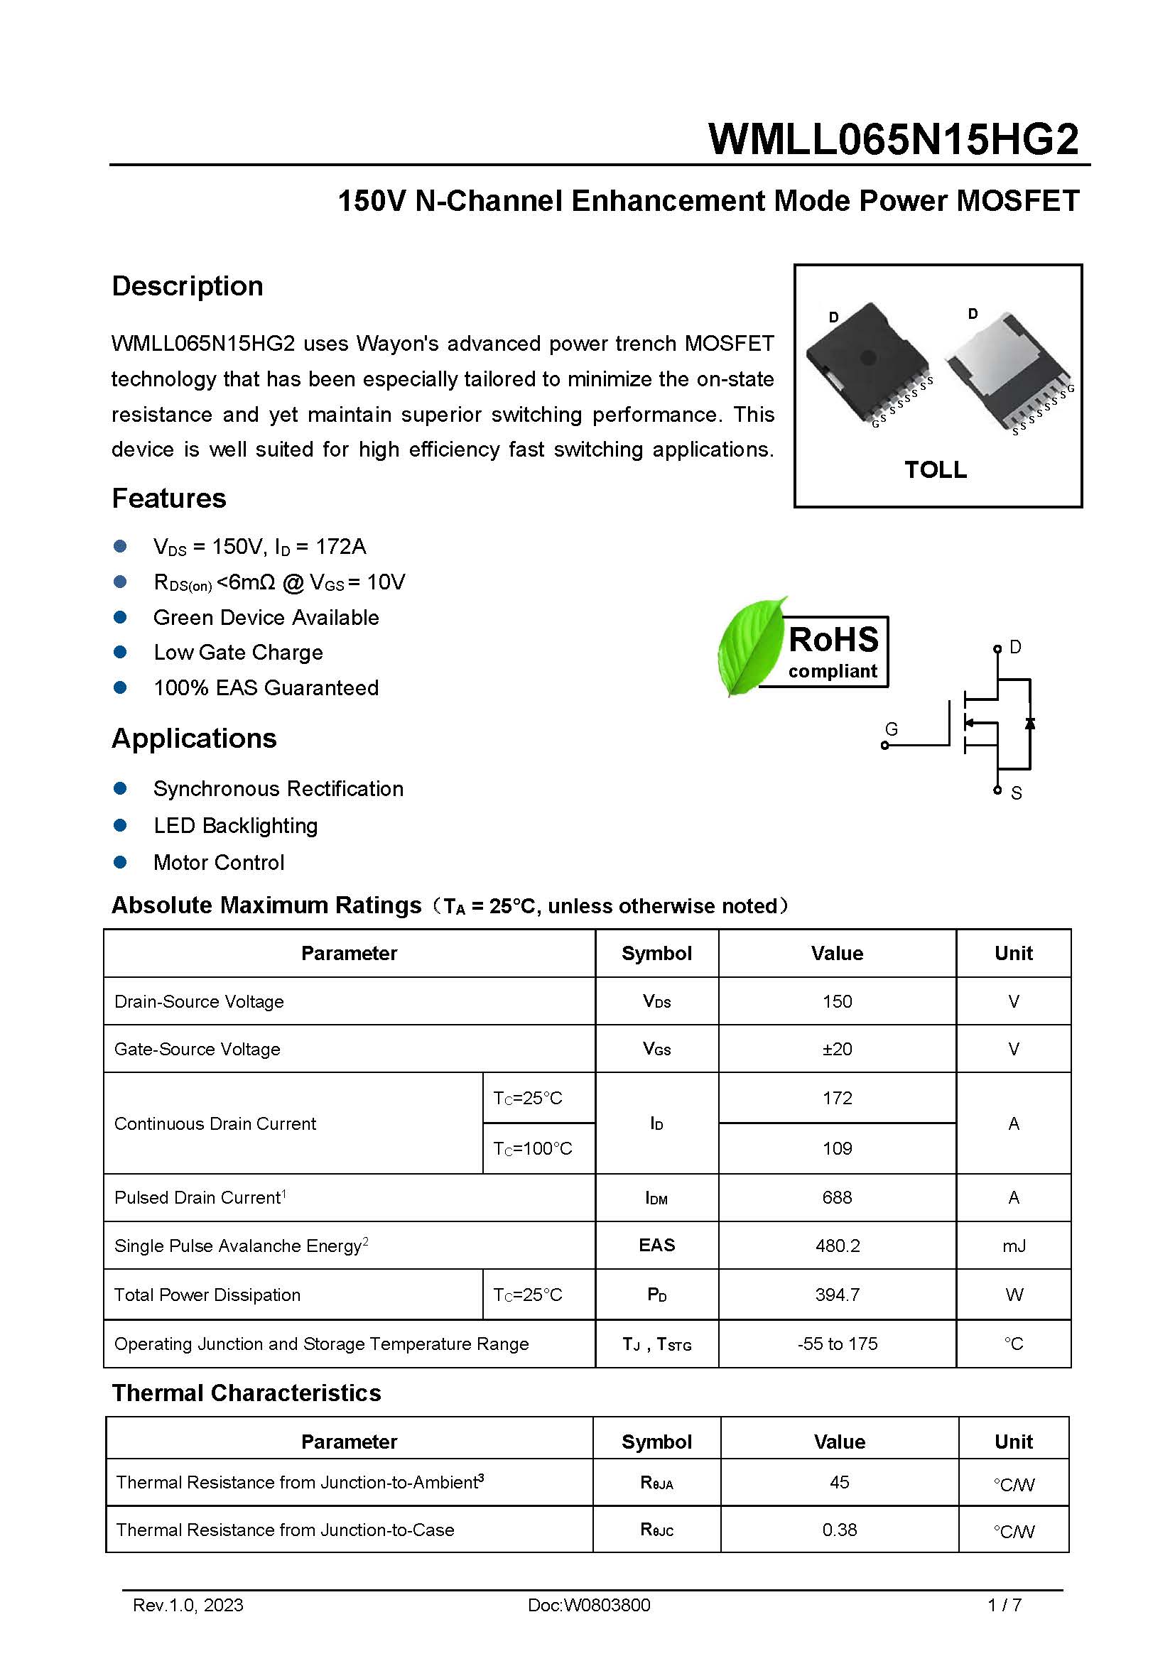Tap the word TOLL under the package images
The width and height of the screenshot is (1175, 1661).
(x=935, y=469)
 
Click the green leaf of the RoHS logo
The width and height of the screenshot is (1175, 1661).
(x=750, y=646)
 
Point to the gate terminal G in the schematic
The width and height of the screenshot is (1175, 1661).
(x=884, y=745)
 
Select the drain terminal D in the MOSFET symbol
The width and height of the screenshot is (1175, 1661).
(x=997, y=648)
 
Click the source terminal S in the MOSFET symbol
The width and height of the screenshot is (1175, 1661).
(x=997, y=790)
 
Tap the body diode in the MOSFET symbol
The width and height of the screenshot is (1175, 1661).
(x=1029, y=723)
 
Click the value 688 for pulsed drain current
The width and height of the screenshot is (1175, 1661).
(x=836, y=1197)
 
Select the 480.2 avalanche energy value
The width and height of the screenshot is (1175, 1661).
(x=836, y=1246)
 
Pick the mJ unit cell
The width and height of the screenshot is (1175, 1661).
(x=1013, y=1246)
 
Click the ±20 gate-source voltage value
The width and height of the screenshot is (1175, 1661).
(x=836, y=1049)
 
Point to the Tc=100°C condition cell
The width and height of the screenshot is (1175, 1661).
(x=533, y=1148)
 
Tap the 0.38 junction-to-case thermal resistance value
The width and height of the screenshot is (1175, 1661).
(x=838, y=1530)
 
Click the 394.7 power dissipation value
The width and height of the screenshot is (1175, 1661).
(x=836, y=1295)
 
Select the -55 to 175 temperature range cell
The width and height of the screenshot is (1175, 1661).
(x=836, y=1344)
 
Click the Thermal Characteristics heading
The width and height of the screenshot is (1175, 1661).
(x=246, y=1393)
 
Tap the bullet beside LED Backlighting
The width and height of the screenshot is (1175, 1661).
(x=120, y=825)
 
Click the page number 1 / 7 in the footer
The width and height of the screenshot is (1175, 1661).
(x=1005, y=1606)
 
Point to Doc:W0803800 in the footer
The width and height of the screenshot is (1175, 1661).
(x=588, y=1606)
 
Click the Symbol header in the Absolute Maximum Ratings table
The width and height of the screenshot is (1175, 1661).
(x=656, y=953)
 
